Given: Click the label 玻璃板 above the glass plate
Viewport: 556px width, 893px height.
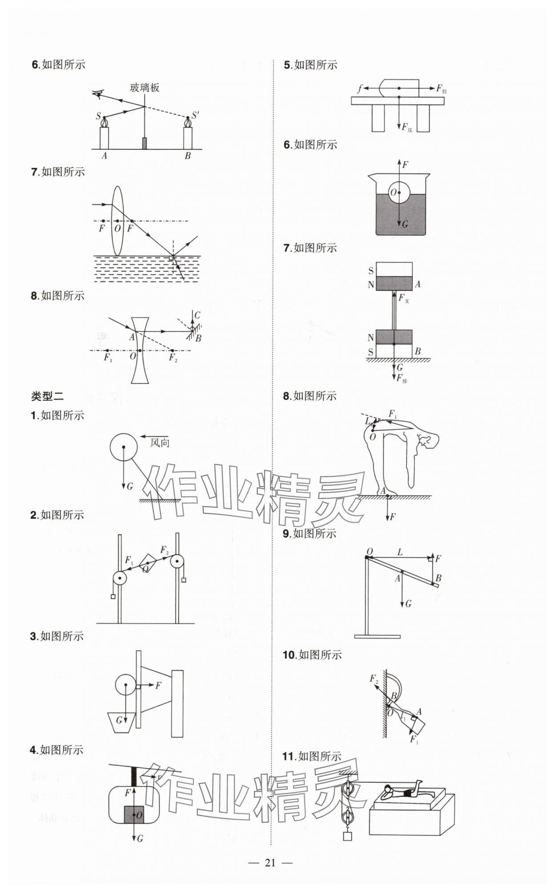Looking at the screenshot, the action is click(145, 88).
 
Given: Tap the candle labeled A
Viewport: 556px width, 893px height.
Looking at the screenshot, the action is click(104, 137).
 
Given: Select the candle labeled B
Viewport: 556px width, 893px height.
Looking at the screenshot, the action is click(188, 137).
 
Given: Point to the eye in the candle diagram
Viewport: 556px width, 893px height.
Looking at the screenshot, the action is click(98, 94).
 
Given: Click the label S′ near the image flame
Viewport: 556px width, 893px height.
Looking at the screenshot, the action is click(195, 116).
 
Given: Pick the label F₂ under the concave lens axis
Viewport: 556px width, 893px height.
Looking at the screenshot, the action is click(173, 358).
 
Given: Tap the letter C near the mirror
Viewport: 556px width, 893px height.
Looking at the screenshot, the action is click(197, 315).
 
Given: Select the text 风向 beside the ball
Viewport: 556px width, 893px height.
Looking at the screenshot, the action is click(160, 443).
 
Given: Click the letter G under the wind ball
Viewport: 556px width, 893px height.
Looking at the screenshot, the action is click(130, 487).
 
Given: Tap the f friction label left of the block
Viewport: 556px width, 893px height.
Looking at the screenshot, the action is click(359, 89).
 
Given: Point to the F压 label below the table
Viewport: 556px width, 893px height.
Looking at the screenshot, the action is click(407, 128).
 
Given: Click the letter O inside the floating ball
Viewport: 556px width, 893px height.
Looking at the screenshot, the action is click(393, 193).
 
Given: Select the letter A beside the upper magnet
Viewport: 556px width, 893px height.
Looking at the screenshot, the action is click(418, 284).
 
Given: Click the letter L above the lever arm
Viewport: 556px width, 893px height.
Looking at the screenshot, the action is click(400, 552).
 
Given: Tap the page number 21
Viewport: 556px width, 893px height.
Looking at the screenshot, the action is click(270, 863).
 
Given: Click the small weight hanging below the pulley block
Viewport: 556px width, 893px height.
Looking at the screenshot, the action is click(347, 836).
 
